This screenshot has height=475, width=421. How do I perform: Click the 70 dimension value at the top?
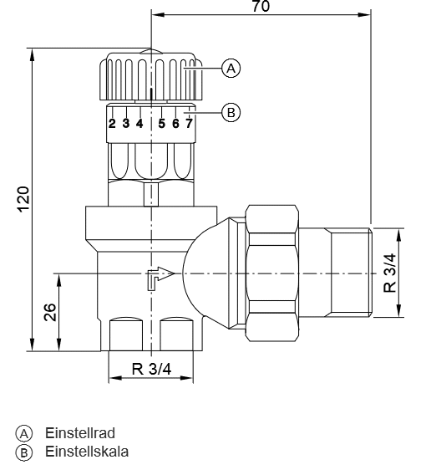pos(261,6)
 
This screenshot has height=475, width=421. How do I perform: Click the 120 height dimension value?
pos(23,199)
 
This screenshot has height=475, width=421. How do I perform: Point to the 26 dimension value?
pos(50,312)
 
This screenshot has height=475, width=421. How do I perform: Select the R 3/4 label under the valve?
pos(151,369)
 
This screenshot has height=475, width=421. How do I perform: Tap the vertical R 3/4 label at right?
pos(390,273)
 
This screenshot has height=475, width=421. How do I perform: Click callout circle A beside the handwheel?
pos(231,69)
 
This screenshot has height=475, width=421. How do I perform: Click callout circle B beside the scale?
pos(231,113)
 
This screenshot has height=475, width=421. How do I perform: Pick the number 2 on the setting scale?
pos(112,124)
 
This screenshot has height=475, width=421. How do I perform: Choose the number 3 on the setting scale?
pos(126,123)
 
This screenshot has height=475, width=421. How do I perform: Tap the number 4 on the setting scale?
pos(139,123)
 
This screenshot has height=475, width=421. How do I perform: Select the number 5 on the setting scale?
pos(162,123)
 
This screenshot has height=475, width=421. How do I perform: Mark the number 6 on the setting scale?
pos(175,123)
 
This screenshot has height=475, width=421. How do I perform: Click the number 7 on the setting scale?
pos(189,123)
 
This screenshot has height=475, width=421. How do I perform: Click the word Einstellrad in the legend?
pos(80,433)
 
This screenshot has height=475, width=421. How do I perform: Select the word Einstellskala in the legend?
pos(87,452)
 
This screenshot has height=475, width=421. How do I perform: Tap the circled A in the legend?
pos(24,434)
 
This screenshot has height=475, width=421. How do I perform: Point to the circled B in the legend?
pos(24,452)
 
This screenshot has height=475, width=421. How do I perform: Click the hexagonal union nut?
pos(271,273)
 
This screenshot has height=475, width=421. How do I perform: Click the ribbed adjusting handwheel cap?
pos(151,76)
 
